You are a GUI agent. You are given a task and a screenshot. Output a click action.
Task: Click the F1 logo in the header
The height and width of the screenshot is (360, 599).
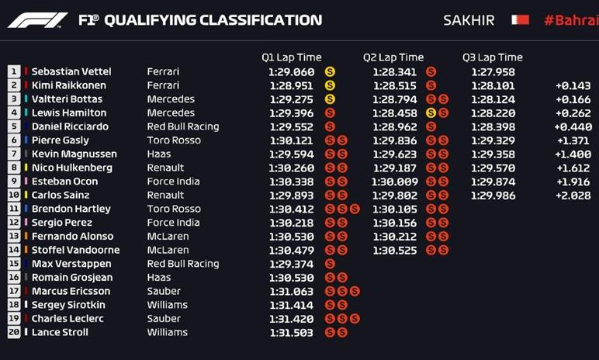37,20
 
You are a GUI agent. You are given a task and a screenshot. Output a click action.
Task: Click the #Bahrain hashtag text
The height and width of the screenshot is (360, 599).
570,20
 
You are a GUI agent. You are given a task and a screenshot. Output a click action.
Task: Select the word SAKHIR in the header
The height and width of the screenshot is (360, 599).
469,20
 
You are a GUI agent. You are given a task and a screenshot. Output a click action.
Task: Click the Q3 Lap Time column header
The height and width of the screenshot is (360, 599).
493,57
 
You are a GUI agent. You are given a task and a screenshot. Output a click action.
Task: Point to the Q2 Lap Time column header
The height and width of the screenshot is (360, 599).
393,57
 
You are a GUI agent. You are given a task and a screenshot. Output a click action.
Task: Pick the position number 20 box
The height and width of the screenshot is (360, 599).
14,332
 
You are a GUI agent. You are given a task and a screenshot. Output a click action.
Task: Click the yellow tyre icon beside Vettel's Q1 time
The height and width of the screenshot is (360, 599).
330,71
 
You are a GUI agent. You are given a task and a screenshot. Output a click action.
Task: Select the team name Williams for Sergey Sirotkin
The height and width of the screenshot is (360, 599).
168,305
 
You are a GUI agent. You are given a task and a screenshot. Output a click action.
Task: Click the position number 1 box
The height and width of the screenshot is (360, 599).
14,71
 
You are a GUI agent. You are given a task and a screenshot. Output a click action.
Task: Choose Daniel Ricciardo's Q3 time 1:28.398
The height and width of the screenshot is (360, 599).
493,126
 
